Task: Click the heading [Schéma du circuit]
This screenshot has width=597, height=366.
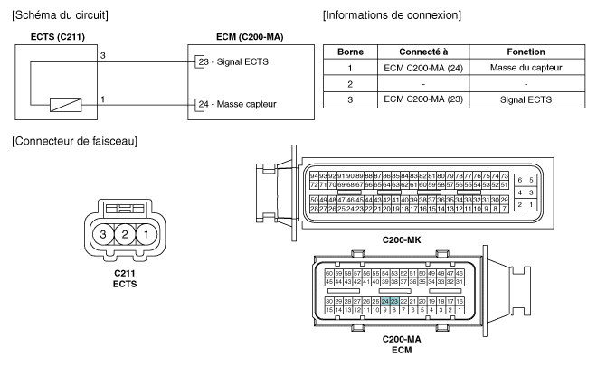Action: [x=58, y=15]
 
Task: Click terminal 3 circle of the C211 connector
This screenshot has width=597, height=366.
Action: [x=106, y=235]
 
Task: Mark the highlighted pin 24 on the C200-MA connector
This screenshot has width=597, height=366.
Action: [x=385, y=300]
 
